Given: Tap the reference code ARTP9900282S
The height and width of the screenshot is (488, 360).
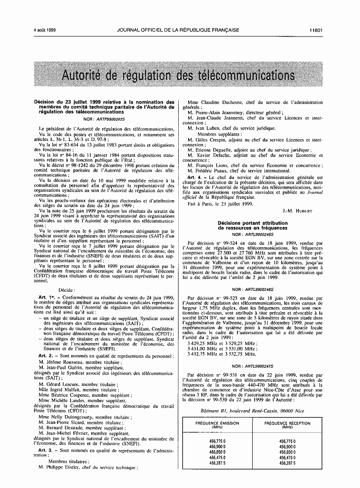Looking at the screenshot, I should point(105,119).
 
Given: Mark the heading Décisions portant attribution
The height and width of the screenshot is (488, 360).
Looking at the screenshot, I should point(253,223).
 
